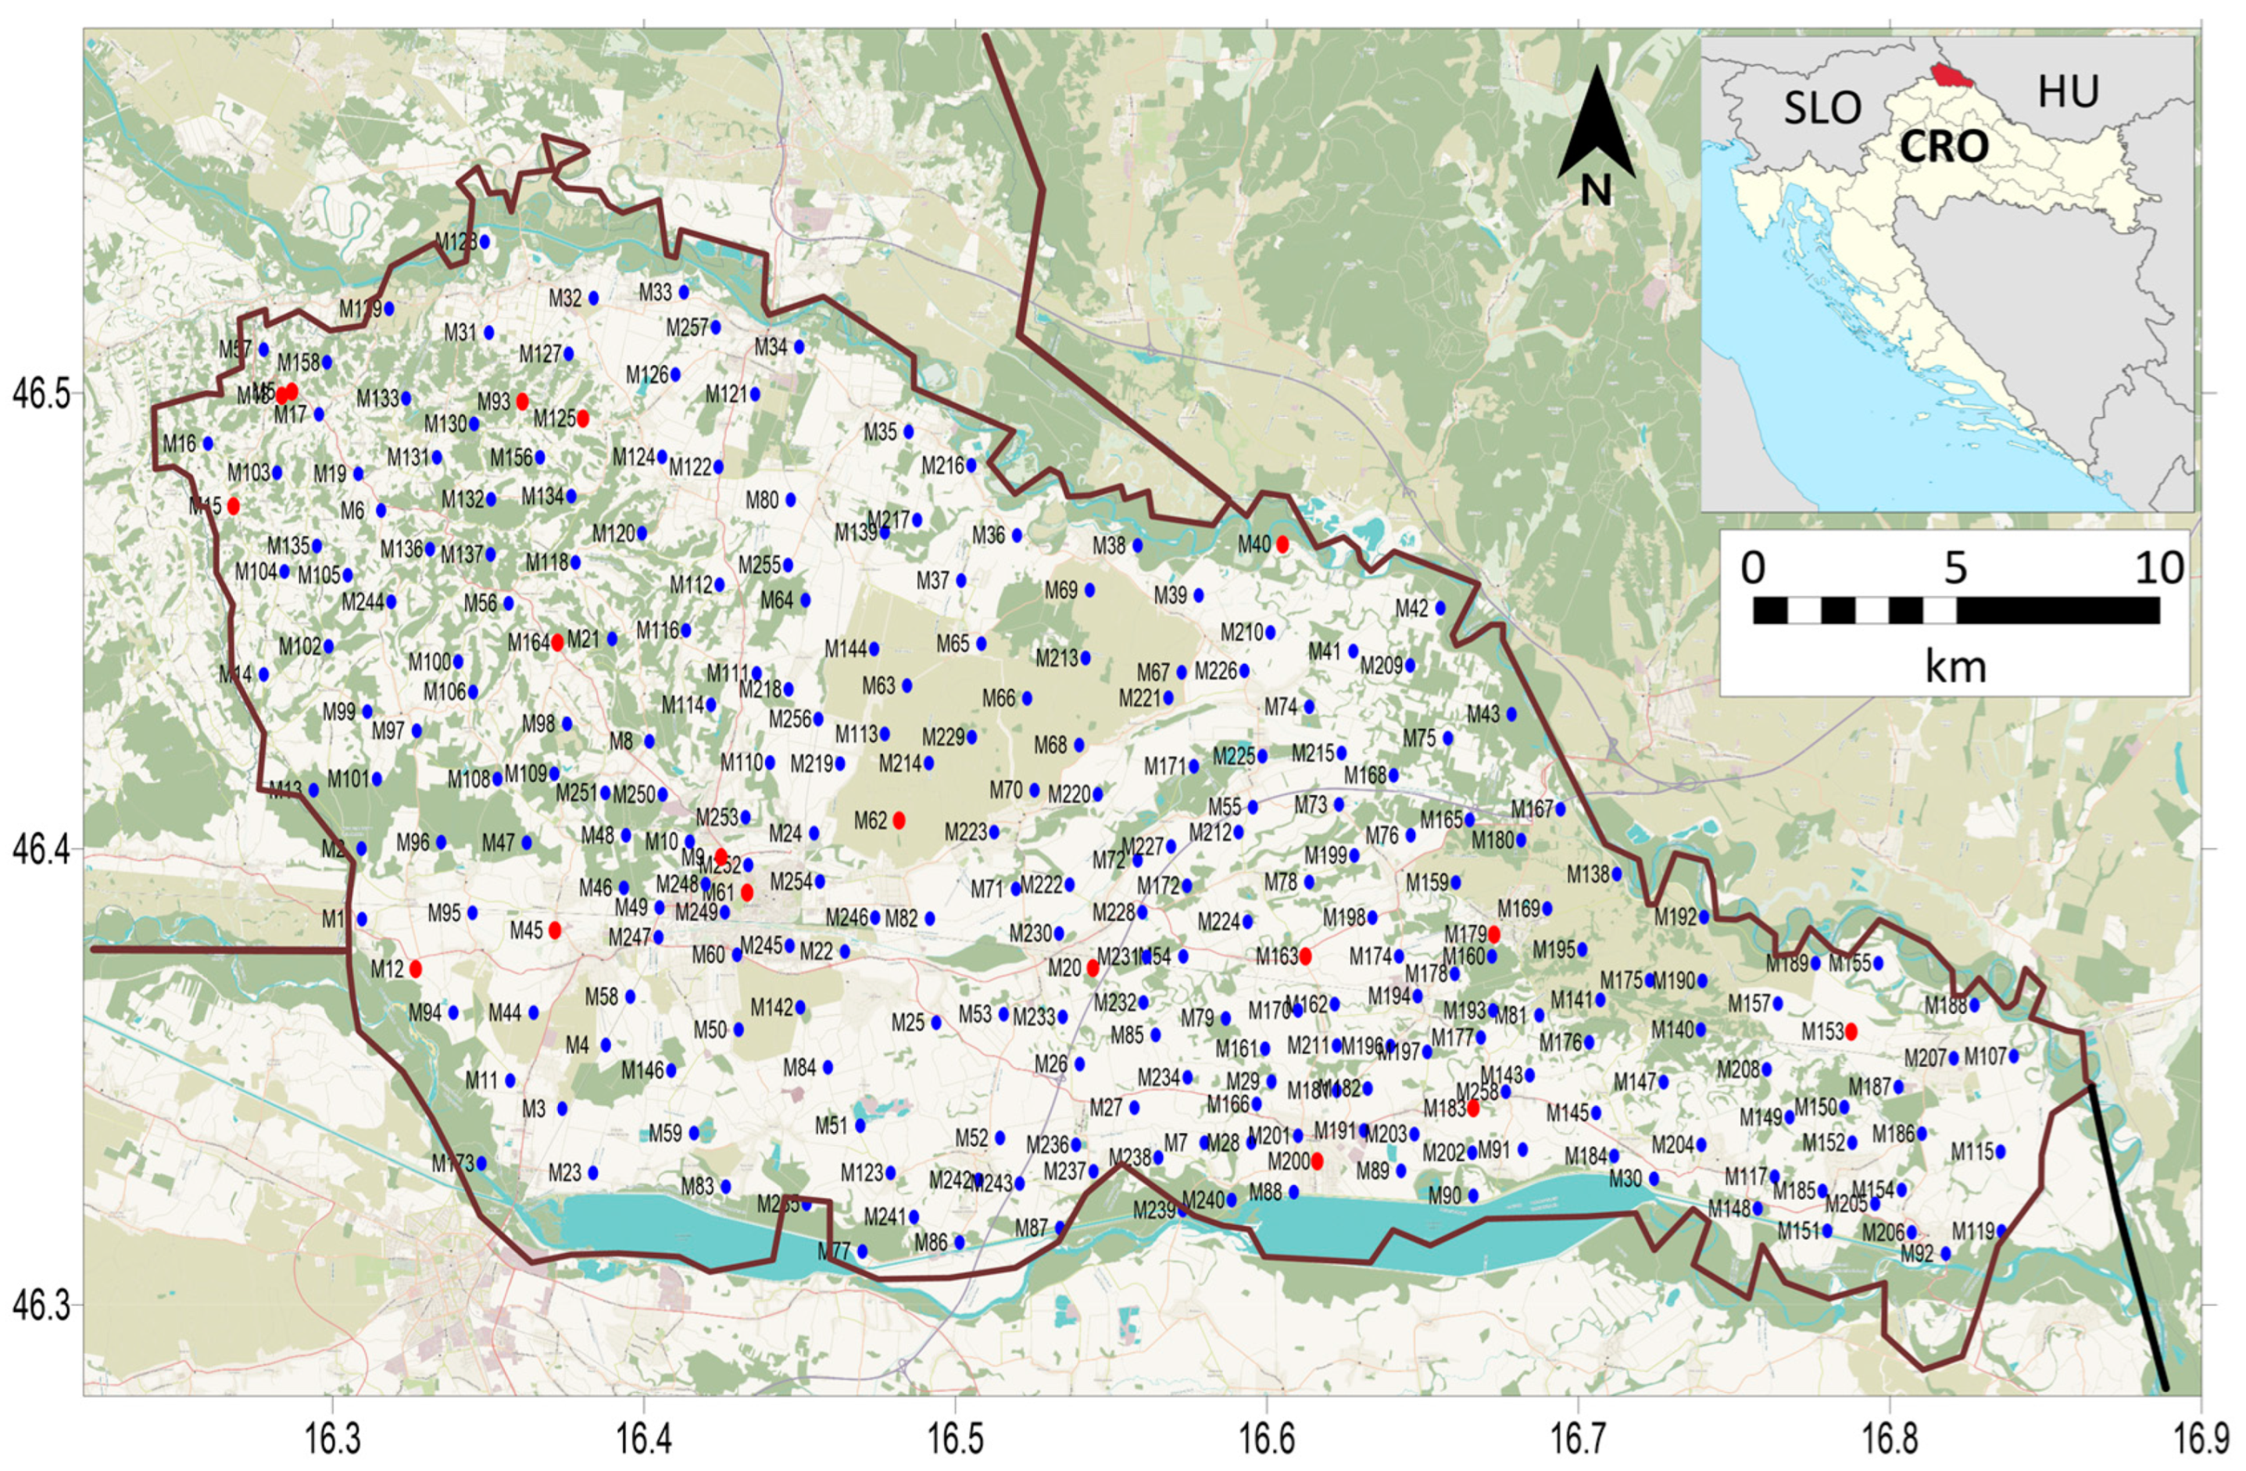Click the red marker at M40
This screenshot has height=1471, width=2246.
click(x=1282, y=544)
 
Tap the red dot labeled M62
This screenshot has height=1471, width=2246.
click(x=899, y=820)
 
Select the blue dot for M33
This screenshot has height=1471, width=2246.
click(x=684, y=292)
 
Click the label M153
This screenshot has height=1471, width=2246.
click(x=1822, y=1032)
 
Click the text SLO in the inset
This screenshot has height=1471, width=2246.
click(x=1822, y=109)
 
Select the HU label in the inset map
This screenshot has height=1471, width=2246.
click(x=2068, y=92)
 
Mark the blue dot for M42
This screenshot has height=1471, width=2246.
click(x=1440, y=608)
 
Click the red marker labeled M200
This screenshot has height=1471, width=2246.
click(x=1318, y=1161)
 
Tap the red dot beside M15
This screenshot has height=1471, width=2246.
click(x=233, y=505)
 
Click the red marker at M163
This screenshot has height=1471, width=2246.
click(x=1305, y=956)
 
